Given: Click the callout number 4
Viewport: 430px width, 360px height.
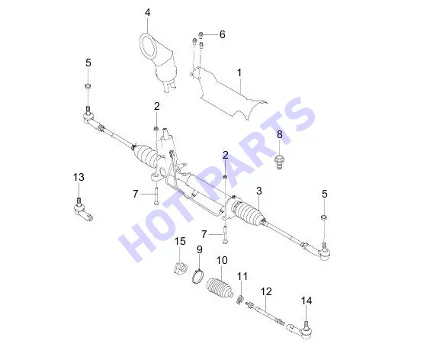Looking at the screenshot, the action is [148, 13].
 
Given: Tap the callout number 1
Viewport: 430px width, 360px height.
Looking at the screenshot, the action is [239, 73].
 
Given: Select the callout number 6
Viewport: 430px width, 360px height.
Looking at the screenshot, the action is [222, 34].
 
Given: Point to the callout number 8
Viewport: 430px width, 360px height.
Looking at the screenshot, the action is [280, 134].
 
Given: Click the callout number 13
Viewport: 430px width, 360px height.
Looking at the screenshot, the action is [79, 177].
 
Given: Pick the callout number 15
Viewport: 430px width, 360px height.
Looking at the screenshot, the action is [180, 242].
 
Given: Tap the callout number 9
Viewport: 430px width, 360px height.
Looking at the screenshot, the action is [200, 249].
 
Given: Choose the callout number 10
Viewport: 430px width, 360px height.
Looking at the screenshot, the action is [222, 260].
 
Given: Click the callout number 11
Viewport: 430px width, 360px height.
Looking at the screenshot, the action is [242, 276].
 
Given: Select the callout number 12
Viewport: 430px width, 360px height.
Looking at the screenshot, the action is [266, 291].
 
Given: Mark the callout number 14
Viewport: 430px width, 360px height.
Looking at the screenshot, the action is [306, 301].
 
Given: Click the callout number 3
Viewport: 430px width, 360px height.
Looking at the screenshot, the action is [259, 191].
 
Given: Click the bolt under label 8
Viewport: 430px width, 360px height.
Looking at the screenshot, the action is [279, 162].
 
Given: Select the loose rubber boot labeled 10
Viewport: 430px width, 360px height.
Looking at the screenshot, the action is [220, 288].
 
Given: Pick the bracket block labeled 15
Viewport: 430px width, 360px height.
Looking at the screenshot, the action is [180, 268].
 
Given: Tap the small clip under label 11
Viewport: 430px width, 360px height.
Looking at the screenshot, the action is [240, 299].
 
